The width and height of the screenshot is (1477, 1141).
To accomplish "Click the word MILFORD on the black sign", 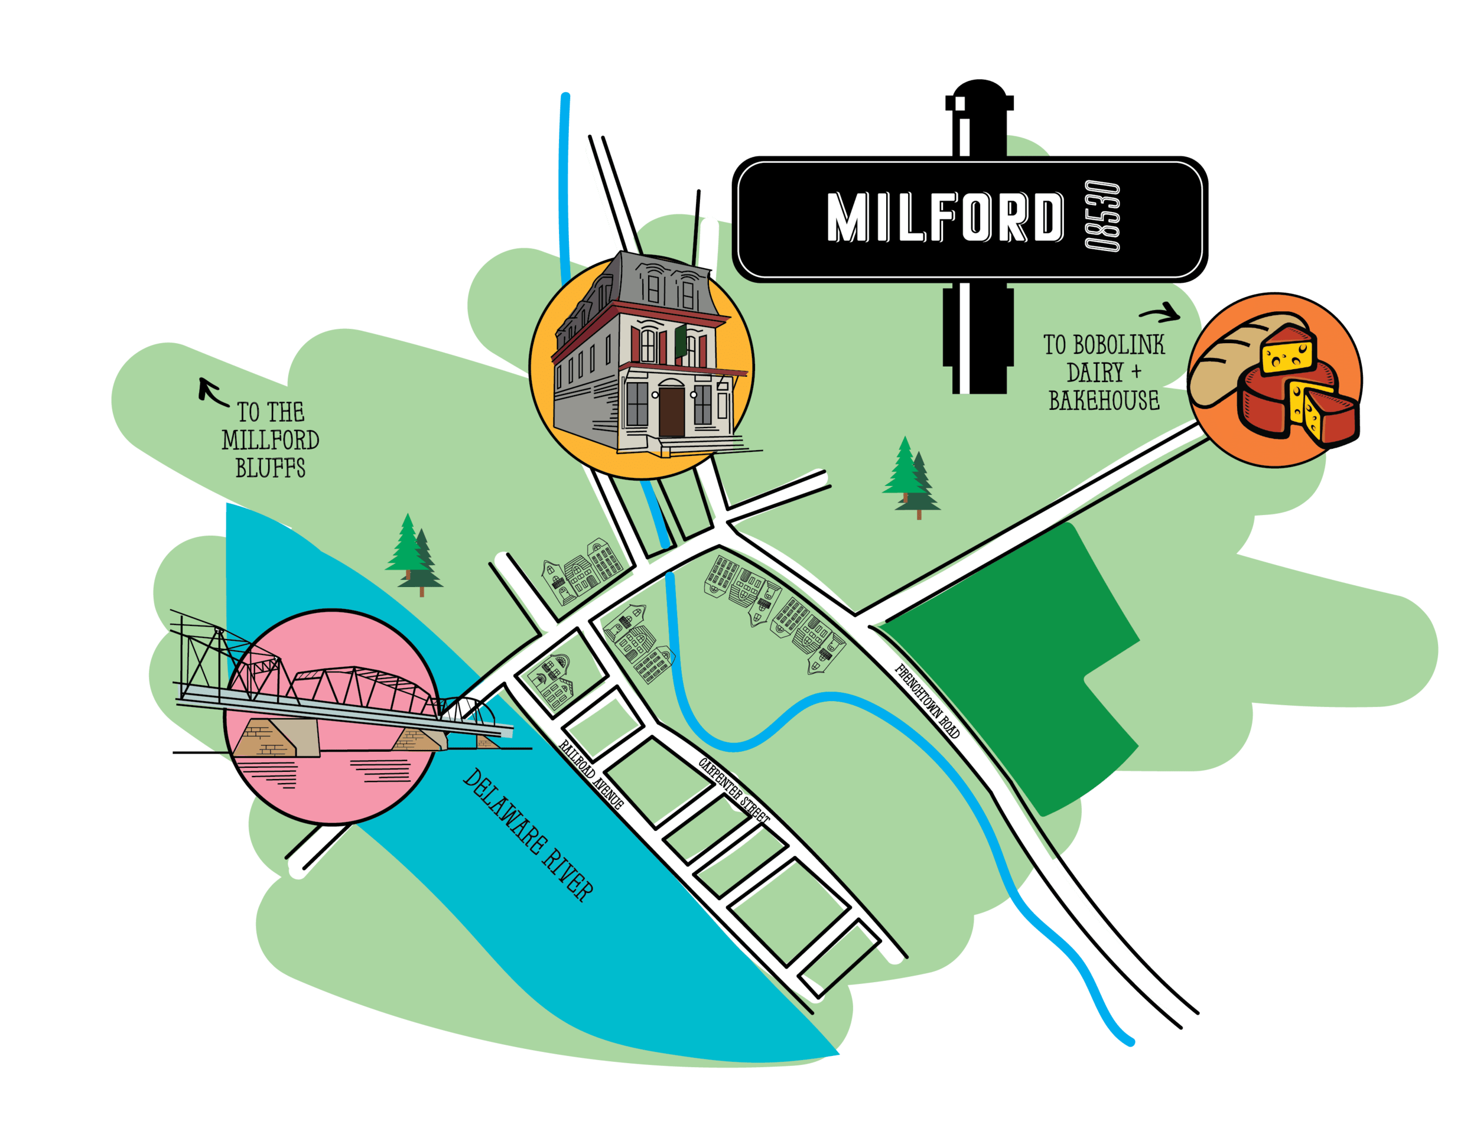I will (944, 218).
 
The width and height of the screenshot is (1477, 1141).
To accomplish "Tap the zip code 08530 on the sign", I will (1101, 218).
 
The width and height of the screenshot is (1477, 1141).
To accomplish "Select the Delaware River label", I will (528, 836).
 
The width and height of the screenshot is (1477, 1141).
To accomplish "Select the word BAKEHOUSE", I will (1104, 401).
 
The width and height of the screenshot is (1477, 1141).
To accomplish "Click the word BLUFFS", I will (271, 468).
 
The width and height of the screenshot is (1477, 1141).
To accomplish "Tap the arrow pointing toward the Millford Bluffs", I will (212, 392).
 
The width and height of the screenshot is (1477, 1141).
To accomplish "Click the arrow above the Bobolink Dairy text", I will (1160, 314).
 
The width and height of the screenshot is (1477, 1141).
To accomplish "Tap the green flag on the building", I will (681, 340).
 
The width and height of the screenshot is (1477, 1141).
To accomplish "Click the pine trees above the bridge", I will (413, 555).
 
